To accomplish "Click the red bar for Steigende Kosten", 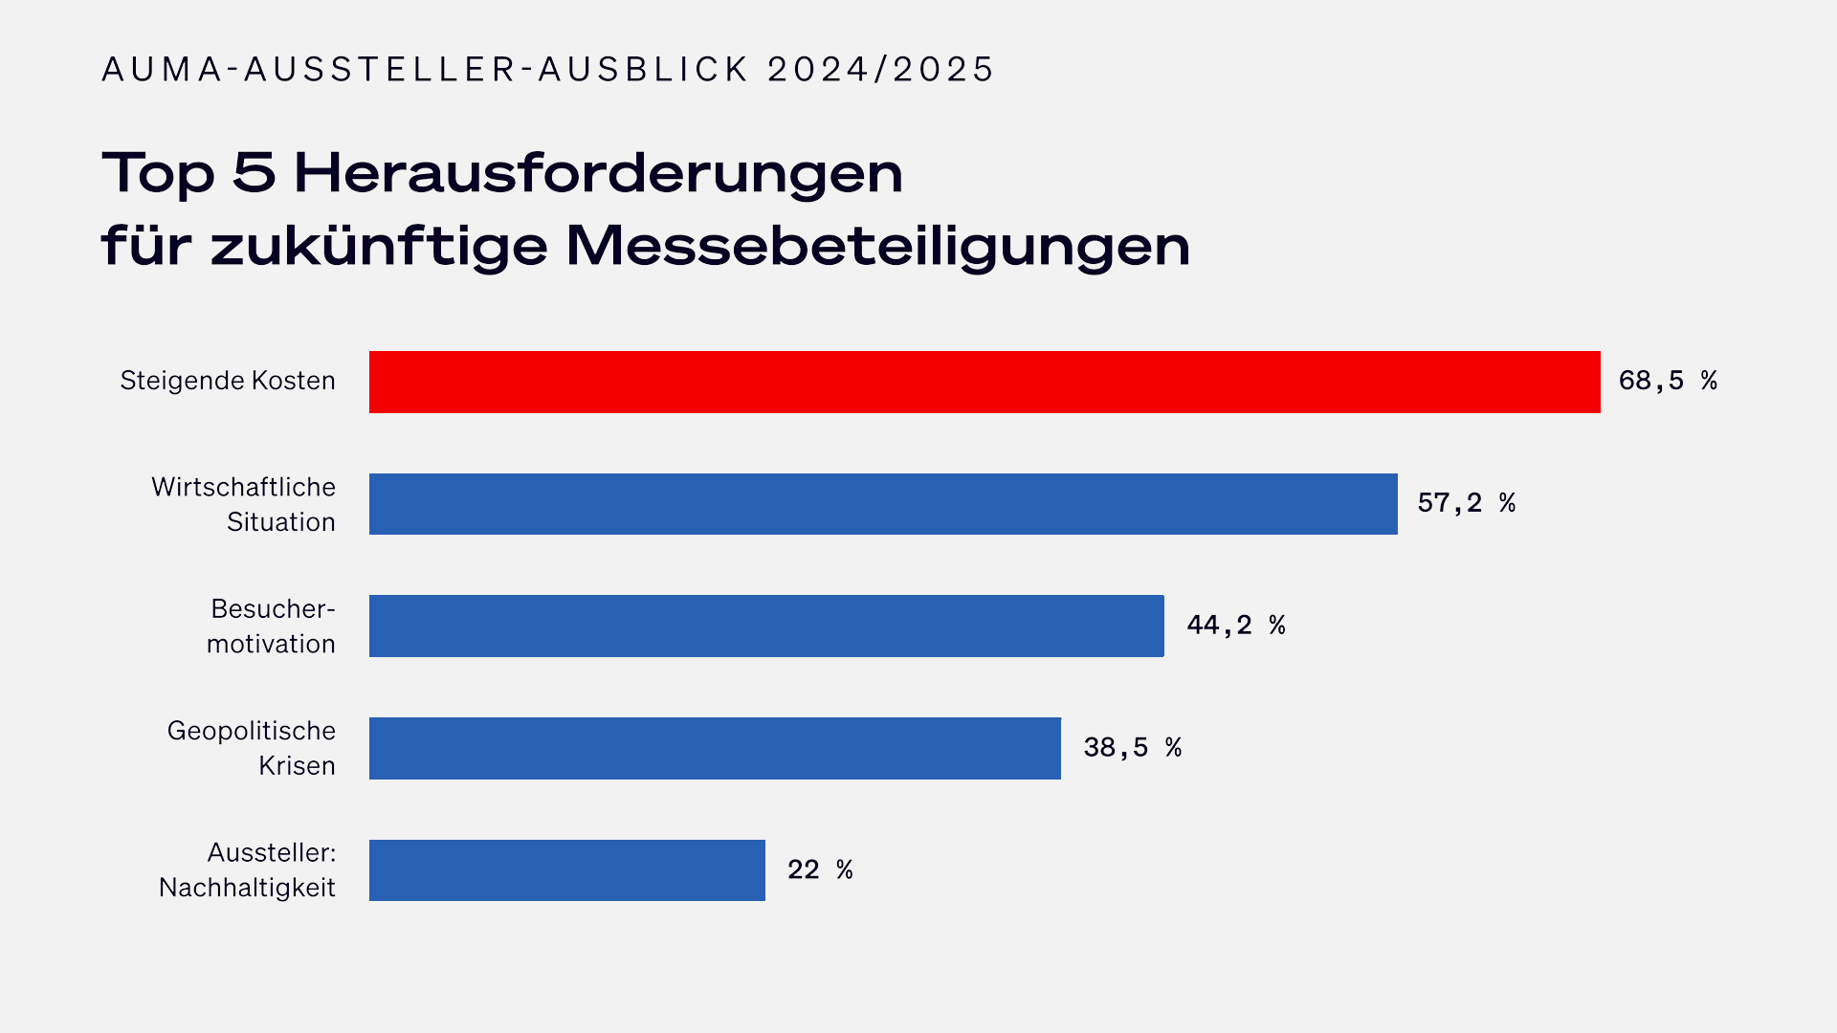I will tap(984, 382).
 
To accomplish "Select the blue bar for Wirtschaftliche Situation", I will tap(882, 504).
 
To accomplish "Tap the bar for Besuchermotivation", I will tap(765, 626).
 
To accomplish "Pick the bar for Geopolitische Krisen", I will tap(714, 748).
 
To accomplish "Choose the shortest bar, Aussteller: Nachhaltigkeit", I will tap(566, 870).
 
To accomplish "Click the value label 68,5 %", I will tap(1667, 381).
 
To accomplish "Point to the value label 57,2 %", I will tap(1466, 503).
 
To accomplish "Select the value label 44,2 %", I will tap(1235, 626).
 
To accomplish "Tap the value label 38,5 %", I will tap(1132, 748).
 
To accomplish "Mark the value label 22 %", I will tap(819, 870).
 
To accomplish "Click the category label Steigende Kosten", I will tap(228, 381).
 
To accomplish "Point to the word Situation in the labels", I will tap(280, 522).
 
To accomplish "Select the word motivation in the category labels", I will tap(271, 645).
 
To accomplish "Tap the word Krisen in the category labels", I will tap(297, 766).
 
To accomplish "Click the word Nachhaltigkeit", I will tap(247, 889).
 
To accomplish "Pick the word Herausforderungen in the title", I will tap(598, 174).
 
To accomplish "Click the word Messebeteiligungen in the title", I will tap(877, 247).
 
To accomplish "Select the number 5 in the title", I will tap(254, 174).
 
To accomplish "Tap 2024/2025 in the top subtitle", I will tap(880, 70).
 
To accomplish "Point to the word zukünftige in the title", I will tap(379, 247).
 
